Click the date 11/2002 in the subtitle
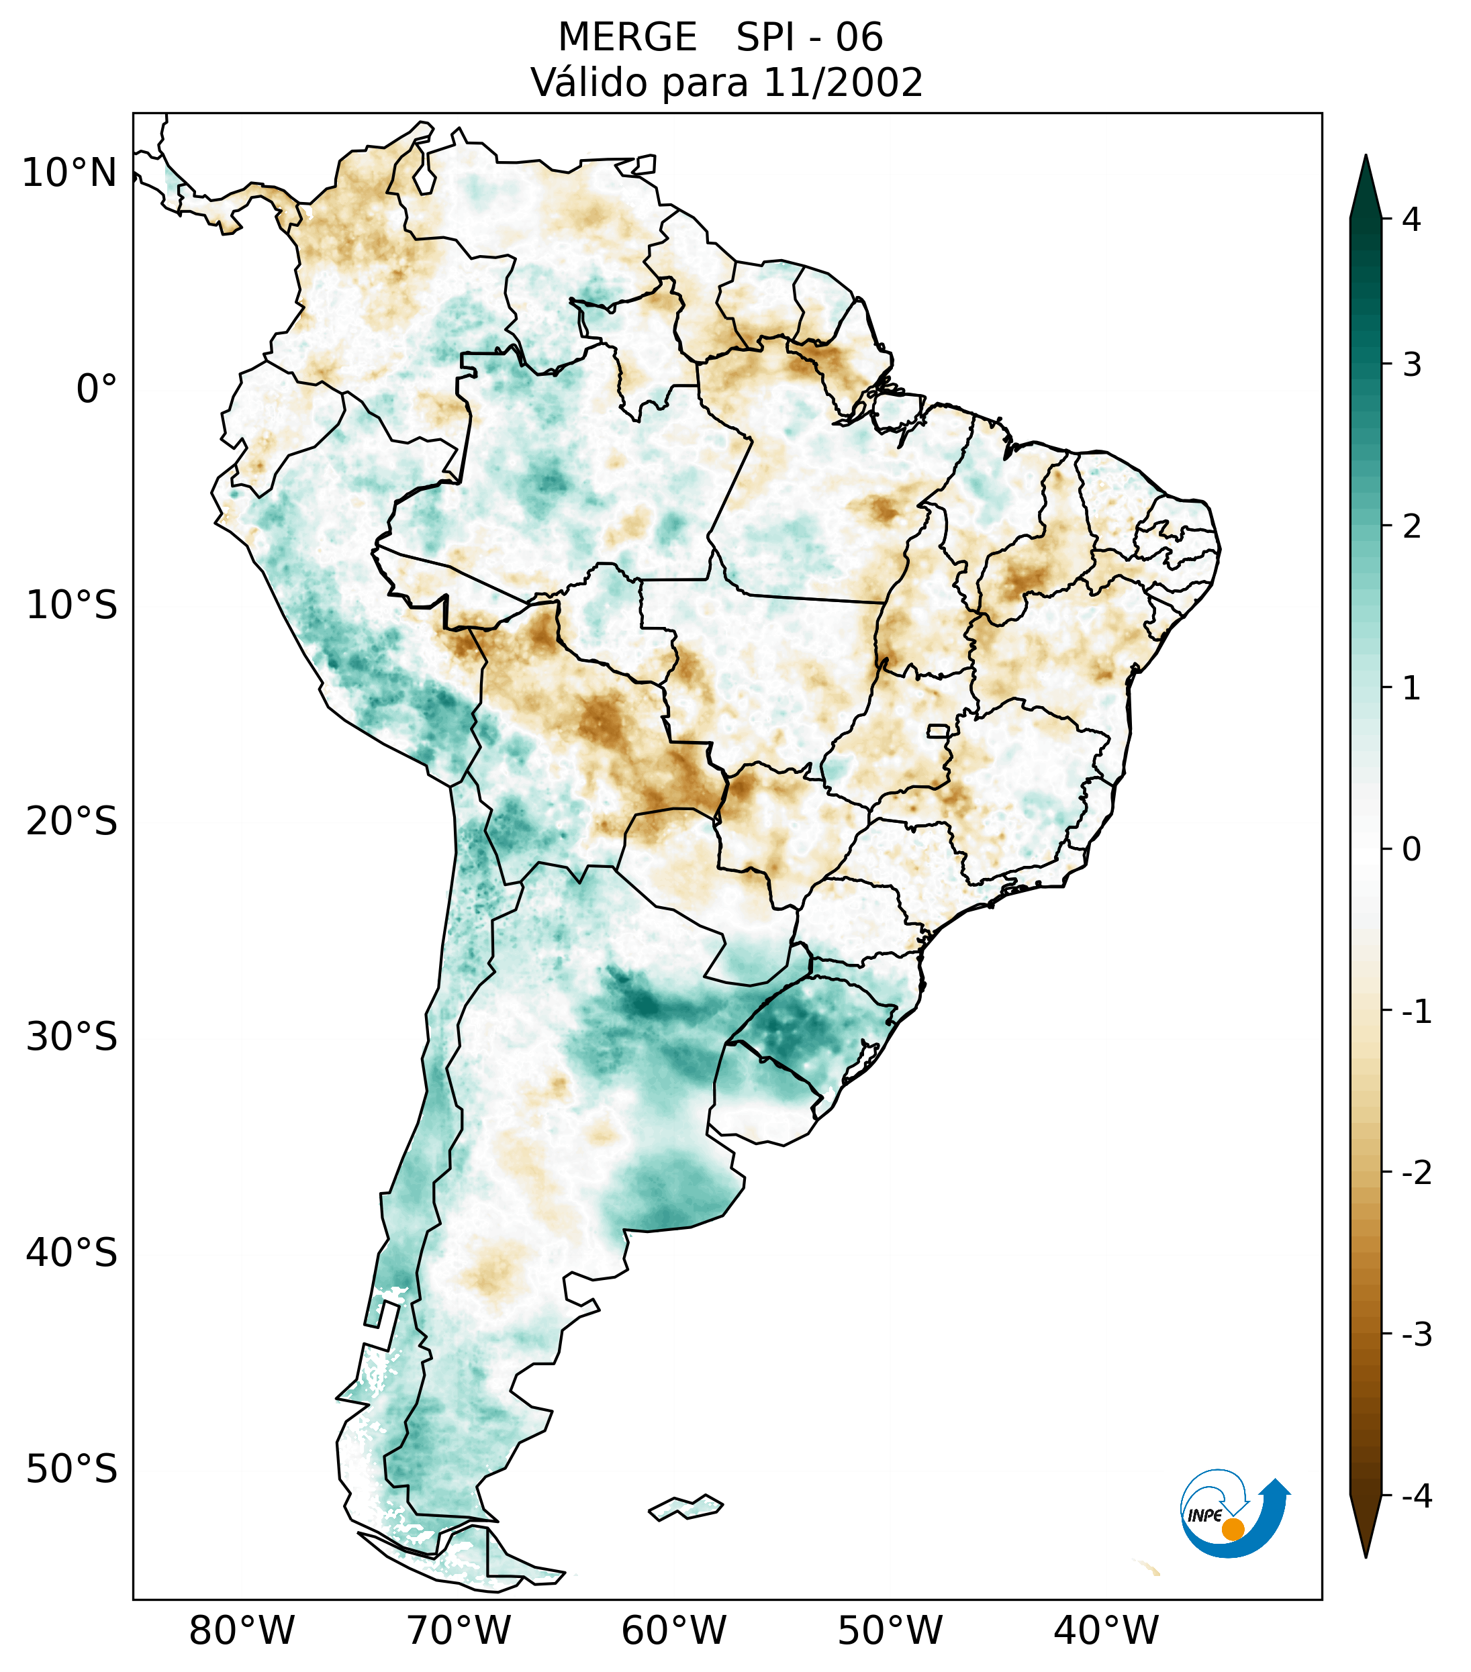pyautogui.click(x=842, y=83)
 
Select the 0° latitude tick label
pyautogui.click(x=97, y=389)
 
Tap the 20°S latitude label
pyautogui.click(x=72, y=822)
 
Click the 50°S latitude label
pyautogui.click(x=72, y=1469)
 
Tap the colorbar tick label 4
pyautogui.click(x=1411, y=219)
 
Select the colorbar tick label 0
pyautogui.click(x=1411, y=850)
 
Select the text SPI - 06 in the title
pyautogui.click(x=809, y=38)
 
